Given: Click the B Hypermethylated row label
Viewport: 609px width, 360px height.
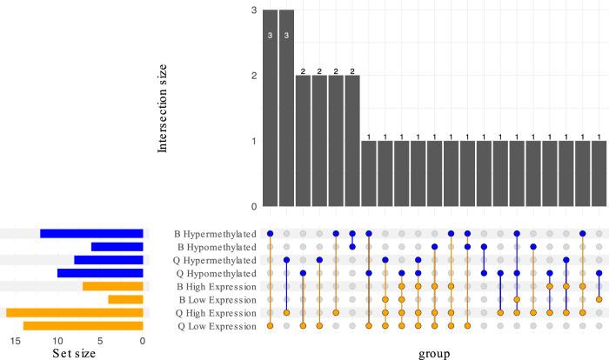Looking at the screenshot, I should coord(215,234).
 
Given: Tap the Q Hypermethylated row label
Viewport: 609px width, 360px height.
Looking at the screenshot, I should coord(215,260).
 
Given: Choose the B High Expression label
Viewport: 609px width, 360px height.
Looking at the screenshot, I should coord(216,286).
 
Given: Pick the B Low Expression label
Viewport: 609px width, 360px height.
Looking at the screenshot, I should coord(217,299).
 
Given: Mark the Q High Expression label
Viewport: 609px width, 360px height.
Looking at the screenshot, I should coord(216,312).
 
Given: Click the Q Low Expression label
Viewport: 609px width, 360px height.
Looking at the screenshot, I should coord(217,325).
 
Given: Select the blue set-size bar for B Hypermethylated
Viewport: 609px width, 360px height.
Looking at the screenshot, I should coord(91,234).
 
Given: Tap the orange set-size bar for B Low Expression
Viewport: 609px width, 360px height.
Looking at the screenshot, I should coord(125,299).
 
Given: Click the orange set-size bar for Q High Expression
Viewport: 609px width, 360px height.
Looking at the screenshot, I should coord(75,312).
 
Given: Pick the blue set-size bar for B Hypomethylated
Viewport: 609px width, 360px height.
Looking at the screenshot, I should coord(117,247).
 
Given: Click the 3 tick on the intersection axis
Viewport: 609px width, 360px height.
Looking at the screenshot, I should coord(253,10).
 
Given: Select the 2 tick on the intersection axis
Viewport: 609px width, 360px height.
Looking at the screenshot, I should coord(253,76).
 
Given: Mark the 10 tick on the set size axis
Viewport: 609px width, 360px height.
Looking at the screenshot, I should coord(57,341).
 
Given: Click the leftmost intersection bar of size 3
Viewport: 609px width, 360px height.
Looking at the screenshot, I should coord(270,108).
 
